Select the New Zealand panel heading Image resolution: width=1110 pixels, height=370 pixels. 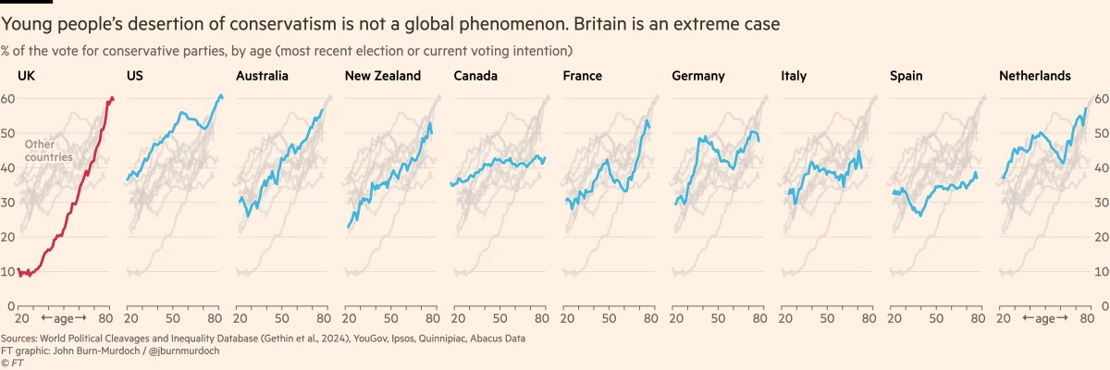click(382, 76)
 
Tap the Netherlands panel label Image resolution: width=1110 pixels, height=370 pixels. click(1035, 76)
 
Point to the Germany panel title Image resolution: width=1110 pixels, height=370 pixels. click(698, 76)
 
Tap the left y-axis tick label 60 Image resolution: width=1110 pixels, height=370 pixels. click(7, 99)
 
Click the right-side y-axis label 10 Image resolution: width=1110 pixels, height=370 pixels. click(1102, 271)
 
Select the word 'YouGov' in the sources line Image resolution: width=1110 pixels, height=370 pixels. click(365, 339)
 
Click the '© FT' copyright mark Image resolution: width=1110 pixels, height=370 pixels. click(12, 363)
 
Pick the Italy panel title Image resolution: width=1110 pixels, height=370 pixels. click(794, 76)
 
